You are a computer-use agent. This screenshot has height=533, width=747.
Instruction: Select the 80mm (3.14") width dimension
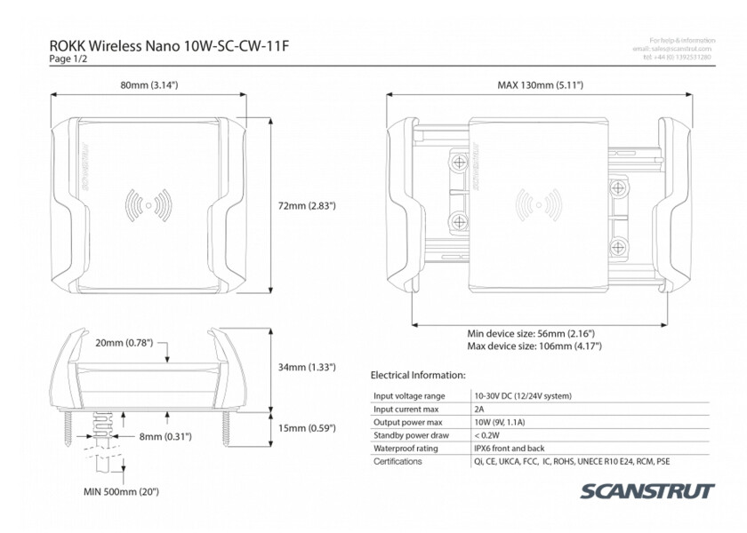[x=149, y=85]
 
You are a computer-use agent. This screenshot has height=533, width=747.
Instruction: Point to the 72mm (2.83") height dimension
[x=306, y=205]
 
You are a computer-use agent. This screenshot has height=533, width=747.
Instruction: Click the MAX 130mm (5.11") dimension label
[x=540, y=85]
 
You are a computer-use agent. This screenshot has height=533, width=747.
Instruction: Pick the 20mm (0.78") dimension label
[x=124, y=342]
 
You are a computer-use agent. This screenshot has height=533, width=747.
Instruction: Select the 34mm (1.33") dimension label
[x=306, y=367]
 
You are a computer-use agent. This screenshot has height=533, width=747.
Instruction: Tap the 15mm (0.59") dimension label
[x=306, y=428]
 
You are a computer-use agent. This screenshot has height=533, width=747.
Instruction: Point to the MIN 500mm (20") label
[x=121, y=490]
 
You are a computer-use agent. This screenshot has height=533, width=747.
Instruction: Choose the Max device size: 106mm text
[x=534, y=346]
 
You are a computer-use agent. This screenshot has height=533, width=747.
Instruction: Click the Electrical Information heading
[x=418, y=376]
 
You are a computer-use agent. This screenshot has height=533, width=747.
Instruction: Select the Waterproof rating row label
[x=406, y=449]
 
